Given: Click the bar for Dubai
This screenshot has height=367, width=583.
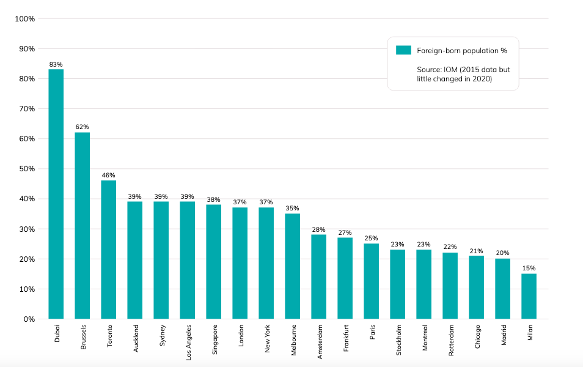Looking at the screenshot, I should [x=56, y=194].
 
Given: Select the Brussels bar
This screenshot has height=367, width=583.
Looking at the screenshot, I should [x=82, y=226].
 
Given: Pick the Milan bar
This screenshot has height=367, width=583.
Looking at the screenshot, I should [x=529, y=296].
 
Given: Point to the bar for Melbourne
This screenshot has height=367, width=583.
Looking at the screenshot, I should [x=293, y=266].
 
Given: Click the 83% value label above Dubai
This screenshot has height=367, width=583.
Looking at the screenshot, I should [x=56, y=64].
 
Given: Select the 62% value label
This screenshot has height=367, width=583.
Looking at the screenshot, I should [x=82, y=127].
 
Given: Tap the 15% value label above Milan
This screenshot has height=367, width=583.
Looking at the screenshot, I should [x=529, y=268].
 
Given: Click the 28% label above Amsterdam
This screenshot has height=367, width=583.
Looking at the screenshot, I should [x=318, y=229].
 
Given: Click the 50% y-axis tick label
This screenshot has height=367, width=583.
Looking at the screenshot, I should [x=26, y=169].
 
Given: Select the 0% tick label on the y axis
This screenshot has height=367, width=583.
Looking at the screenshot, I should [x=29, y=319].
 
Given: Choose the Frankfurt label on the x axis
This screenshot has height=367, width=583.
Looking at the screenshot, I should [x=345, y=338].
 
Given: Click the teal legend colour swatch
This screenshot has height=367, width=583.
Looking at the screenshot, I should [x=403, y=50].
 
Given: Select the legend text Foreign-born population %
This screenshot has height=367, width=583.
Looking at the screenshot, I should [x=462, y=51].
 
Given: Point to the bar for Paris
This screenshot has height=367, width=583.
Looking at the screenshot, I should [x=371, y=281].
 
